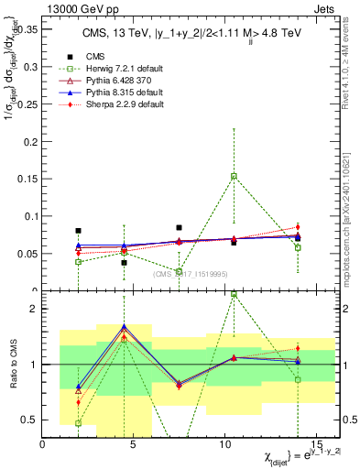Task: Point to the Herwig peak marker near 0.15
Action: click(234, 176)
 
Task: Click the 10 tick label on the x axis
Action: click(224, 445)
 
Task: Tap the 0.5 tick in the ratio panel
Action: click(29, 420)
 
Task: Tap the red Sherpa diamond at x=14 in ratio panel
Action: click(298, 348)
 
